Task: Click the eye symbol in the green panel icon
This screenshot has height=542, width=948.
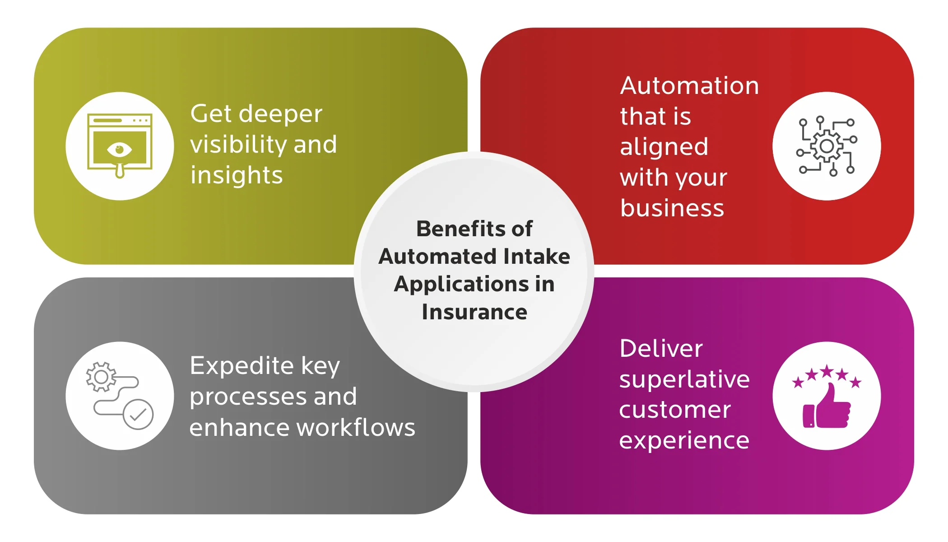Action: tap(119, 149)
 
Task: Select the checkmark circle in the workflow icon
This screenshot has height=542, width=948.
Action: tap(138, 414)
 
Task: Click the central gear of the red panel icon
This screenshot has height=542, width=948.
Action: tap(827, 146)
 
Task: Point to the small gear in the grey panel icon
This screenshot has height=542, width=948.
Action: tap(101, 376)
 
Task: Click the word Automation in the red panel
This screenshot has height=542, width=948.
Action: tap(689, 86)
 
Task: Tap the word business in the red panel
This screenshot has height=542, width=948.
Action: tap(672, 208)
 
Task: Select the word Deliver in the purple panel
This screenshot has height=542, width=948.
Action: tap(661, 349)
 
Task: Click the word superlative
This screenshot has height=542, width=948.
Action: tap(684, 379)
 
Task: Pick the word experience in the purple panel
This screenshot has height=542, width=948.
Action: tap(684, 440)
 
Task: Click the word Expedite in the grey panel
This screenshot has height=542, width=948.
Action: tap(242, 366)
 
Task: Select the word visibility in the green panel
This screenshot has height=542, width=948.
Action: tap(238, 145)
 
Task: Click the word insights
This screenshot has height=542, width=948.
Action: tap(237, 175)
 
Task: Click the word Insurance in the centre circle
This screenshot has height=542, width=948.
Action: tap(474, 312)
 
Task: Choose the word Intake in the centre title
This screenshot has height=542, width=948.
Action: tap(536, 257)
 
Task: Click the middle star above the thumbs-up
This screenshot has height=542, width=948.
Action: tap(827, 371)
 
